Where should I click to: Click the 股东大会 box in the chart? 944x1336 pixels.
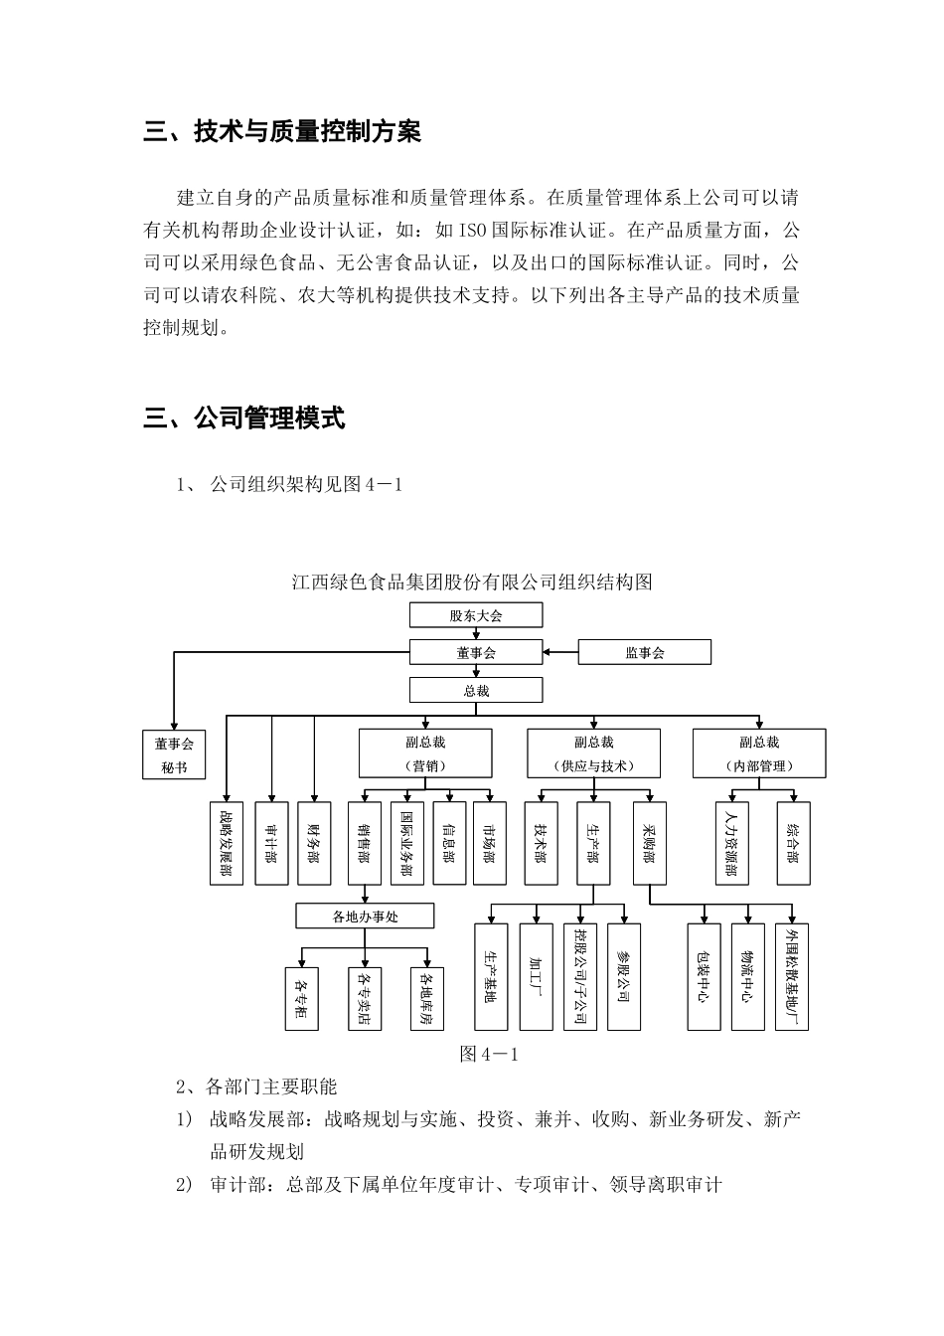(476, 615)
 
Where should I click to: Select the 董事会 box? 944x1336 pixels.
(476, 652)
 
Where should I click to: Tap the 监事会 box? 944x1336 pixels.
(645, 652)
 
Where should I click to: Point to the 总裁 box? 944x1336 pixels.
(476, 690)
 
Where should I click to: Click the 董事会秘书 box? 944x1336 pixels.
(174, 754)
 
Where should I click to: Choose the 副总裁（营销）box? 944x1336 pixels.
(425, 753)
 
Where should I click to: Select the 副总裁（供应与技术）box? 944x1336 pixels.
(593, 753)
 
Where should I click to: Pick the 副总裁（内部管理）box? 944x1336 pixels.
(758, 753)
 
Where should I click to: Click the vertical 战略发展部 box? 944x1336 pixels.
(227, 843)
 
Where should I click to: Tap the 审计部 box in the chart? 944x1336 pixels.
(271, 843)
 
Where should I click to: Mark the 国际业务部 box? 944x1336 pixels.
(407, 843)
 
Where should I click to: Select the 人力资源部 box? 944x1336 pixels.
(733, 843)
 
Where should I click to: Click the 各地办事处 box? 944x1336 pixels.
(365, 916)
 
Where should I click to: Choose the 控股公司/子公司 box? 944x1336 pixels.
(579, 976)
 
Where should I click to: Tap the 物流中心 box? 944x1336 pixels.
(747, 976)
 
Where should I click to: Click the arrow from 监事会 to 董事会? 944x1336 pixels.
(560, 652)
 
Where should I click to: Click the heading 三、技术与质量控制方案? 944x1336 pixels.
(282, 131)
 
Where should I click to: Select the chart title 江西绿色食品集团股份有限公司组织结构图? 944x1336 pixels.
(472, 582)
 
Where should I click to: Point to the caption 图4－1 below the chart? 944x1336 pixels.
(489, 1055)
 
